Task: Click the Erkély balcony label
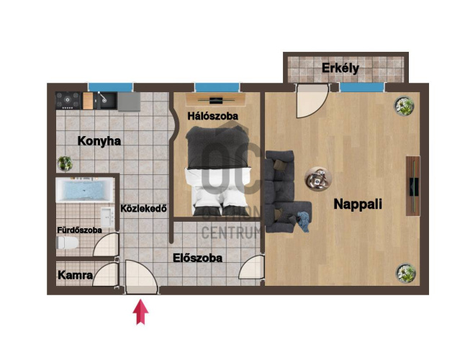[340, 68]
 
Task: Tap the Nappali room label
[358, 204]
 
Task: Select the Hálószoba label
[212, 116]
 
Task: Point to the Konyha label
[99, 141]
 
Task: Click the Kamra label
[75, 275]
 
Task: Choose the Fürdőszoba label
[79, 230]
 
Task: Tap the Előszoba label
[197, 258]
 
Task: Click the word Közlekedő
[143, 209]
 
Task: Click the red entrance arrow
[140, 312]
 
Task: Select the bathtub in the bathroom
[85, 190]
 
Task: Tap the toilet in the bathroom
[68, 243]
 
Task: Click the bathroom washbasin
[107, 217]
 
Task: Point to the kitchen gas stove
[68, 101]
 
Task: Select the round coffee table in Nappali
[318, 179]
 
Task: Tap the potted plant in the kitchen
[65, 163]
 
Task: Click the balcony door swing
[312, 101]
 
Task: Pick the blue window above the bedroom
[217, 87]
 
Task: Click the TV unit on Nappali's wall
[412, 186]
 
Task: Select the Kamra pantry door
[105, 274]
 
